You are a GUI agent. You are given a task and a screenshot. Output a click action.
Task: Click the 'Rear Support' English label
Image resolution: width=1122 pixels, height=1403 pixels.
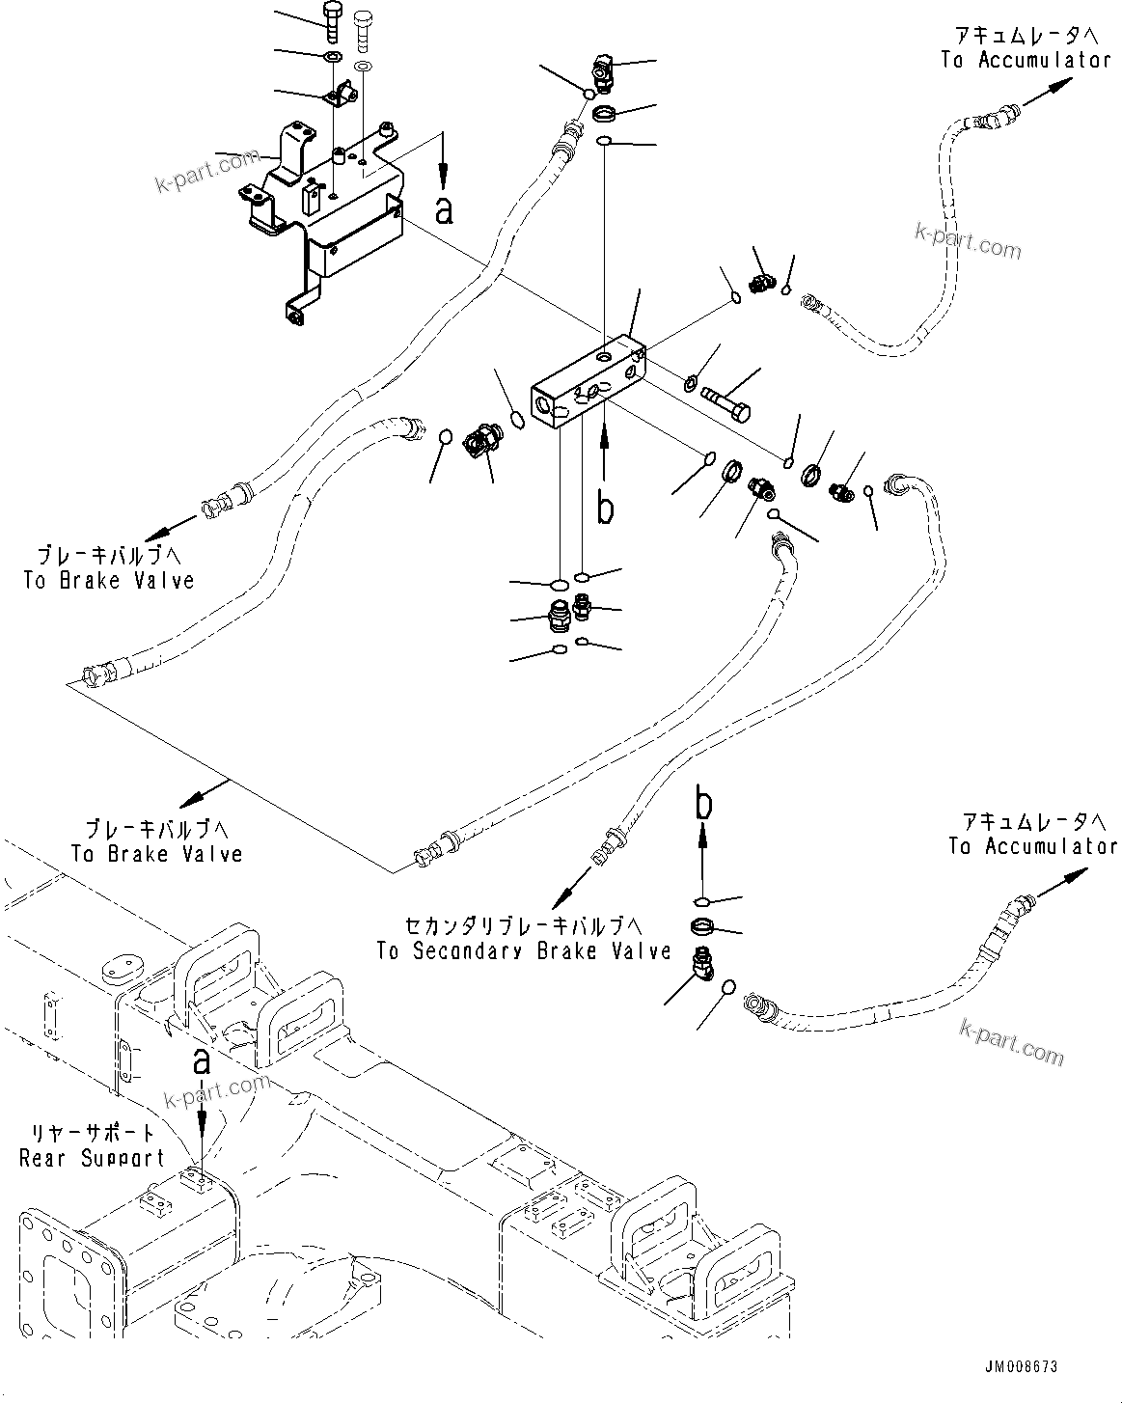(92, 1158)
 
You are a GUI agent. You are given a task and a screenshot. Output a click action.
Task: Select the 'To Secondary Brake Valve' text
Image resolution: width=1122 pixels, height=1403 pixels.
(524, 952)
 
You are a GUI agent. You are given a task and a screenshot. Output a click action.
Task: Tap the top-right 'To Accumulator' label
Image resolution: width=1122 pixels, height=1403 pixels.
(1026, 60)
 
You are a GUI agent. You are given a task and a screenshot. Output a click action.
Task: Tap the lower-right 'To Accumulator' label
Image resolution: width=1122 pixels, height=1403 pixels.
(1032, 846)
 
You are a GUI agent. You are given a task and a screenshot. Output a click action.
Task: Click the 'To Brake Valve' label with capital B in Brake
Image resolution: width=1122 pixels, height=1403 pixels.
(109, 581)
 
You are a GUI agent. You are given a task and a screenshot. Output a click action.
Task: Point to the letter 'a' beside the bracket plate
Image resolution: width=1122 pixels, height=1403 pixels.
(444, 208)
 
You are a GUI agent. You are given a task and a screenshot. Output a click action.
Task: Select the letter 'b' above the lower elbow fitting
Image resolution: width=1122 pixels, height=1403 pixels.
(704, 803)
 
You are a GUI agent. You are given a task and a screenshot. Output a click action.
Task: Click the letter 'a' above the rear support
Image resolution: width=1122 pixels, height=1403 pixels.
(202, 1061)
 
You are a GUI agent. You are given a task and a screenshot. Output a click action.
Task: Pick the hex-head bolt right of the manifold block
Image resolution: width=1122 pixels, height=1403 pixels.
(727, 398)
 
